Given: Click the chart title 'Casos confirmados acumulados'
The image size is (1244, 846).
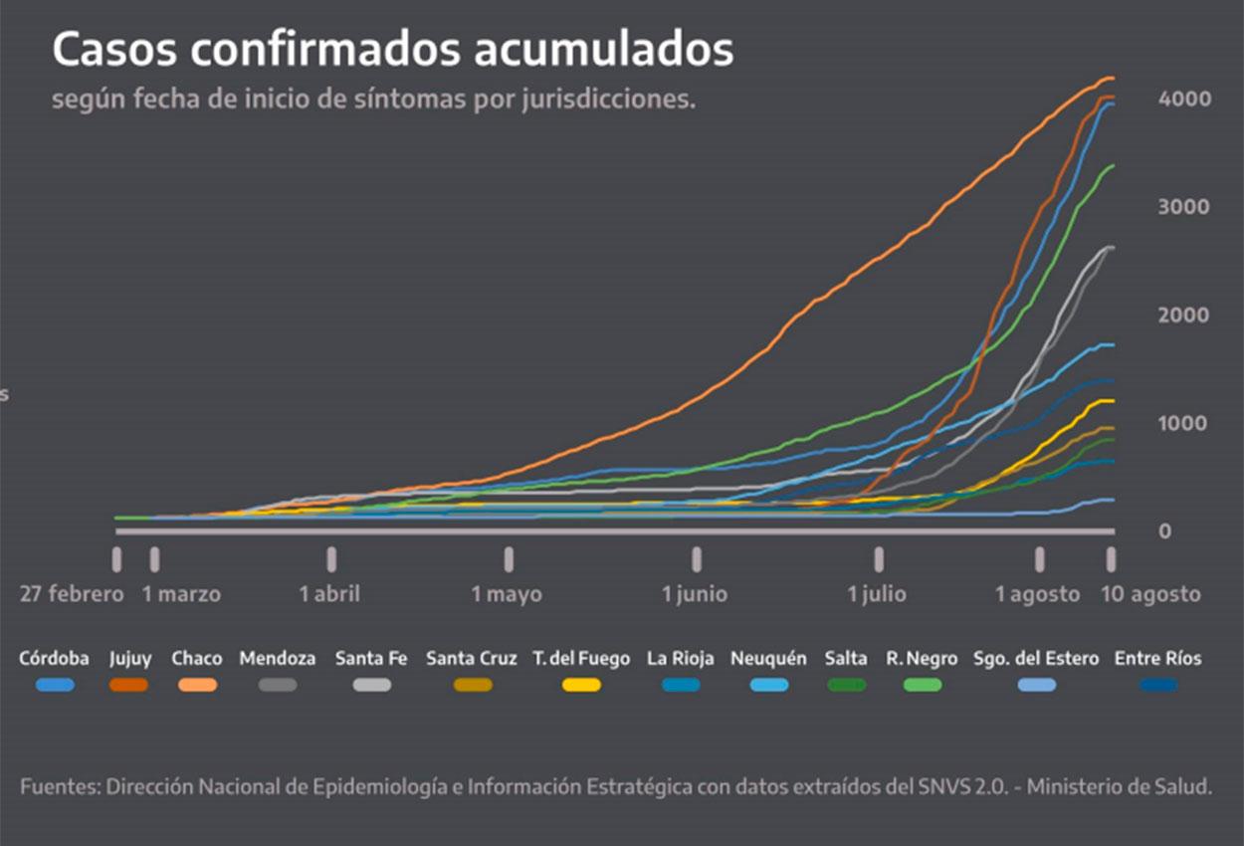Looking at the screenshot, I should point(392,50).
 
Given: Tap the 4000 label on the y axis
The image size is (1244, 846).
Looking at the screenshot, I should point(1183,99).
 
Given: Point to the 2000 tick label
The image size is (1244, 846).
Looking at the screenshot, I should point(1183,315).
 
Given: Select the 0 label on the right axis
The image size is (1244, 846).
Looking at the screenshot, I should point(1164,531).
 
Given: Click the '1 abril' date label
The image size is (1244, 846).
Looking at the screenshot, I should point(329,594).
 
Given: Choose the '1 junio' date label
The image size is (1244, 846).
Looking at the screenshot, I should point(695,594).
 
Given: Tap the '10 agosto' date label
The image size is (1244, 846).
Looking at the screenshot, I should point(1150,594).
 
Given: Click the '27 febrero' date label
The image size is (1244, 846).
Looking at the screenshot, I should point(72,594).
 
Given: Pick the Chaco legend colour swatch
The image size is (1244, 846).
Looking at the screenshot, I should point(197,685).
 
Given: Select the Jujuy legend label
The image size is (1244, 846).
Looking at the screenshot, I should point(130,659).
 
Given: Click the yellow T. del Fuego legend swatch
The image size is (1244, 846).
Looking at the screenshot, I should point(581,685).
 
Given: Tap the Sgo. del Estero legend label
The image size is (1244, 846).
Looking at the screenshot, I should point(1036,659).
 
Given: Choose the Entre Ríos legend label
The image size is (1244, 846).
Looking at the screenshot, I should point(1157,659).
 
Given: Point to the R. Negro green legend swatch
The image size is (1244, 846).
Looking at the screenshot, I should point(922,685).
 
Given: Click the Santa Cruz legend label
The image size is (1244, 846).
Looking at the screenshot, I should point(472,659).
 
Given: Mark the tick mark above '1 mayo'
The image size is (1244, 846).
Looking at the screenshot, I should point(509,559).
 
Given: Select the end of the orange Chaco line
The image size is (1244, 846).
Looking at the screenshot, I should point(1111,78).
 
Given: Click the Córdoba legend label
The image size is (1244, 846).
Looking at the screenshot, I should point(54,659).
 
